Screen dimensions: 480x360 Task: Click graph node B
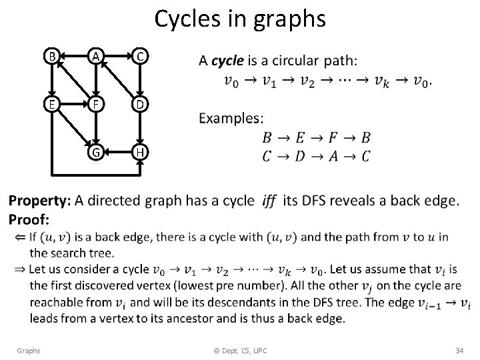(x=53, y=57)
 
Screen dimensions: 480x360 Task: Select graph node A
(x=96, y=57)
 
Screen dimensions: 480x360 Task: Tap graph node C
(x=139, y=57)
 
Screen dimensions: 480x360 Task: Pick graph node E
(x=53, y=105)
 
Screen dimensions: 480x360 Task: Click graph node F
(x=96, y=105)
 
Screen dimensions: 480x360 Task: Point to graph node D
(x=139, y=105)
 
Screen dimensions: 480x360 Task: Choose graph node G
(x=96, y=153)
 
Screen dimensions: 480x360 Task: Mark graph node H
(x=139, y=153)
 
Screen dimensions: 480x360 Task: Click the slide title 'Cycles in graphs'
(x=240, y=19)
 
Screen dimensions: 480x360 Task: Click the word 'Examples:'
(x=231, y=118)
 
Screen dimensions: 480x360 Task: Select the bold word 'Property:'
(x=39, y=200)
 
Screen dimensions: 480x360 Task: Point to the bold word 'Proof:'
(x=29, y=219)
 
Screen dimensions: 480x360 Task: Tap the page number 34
(x=459, y=350)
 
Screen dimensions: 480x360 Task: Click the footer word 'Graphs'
(x=29, y=350)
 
